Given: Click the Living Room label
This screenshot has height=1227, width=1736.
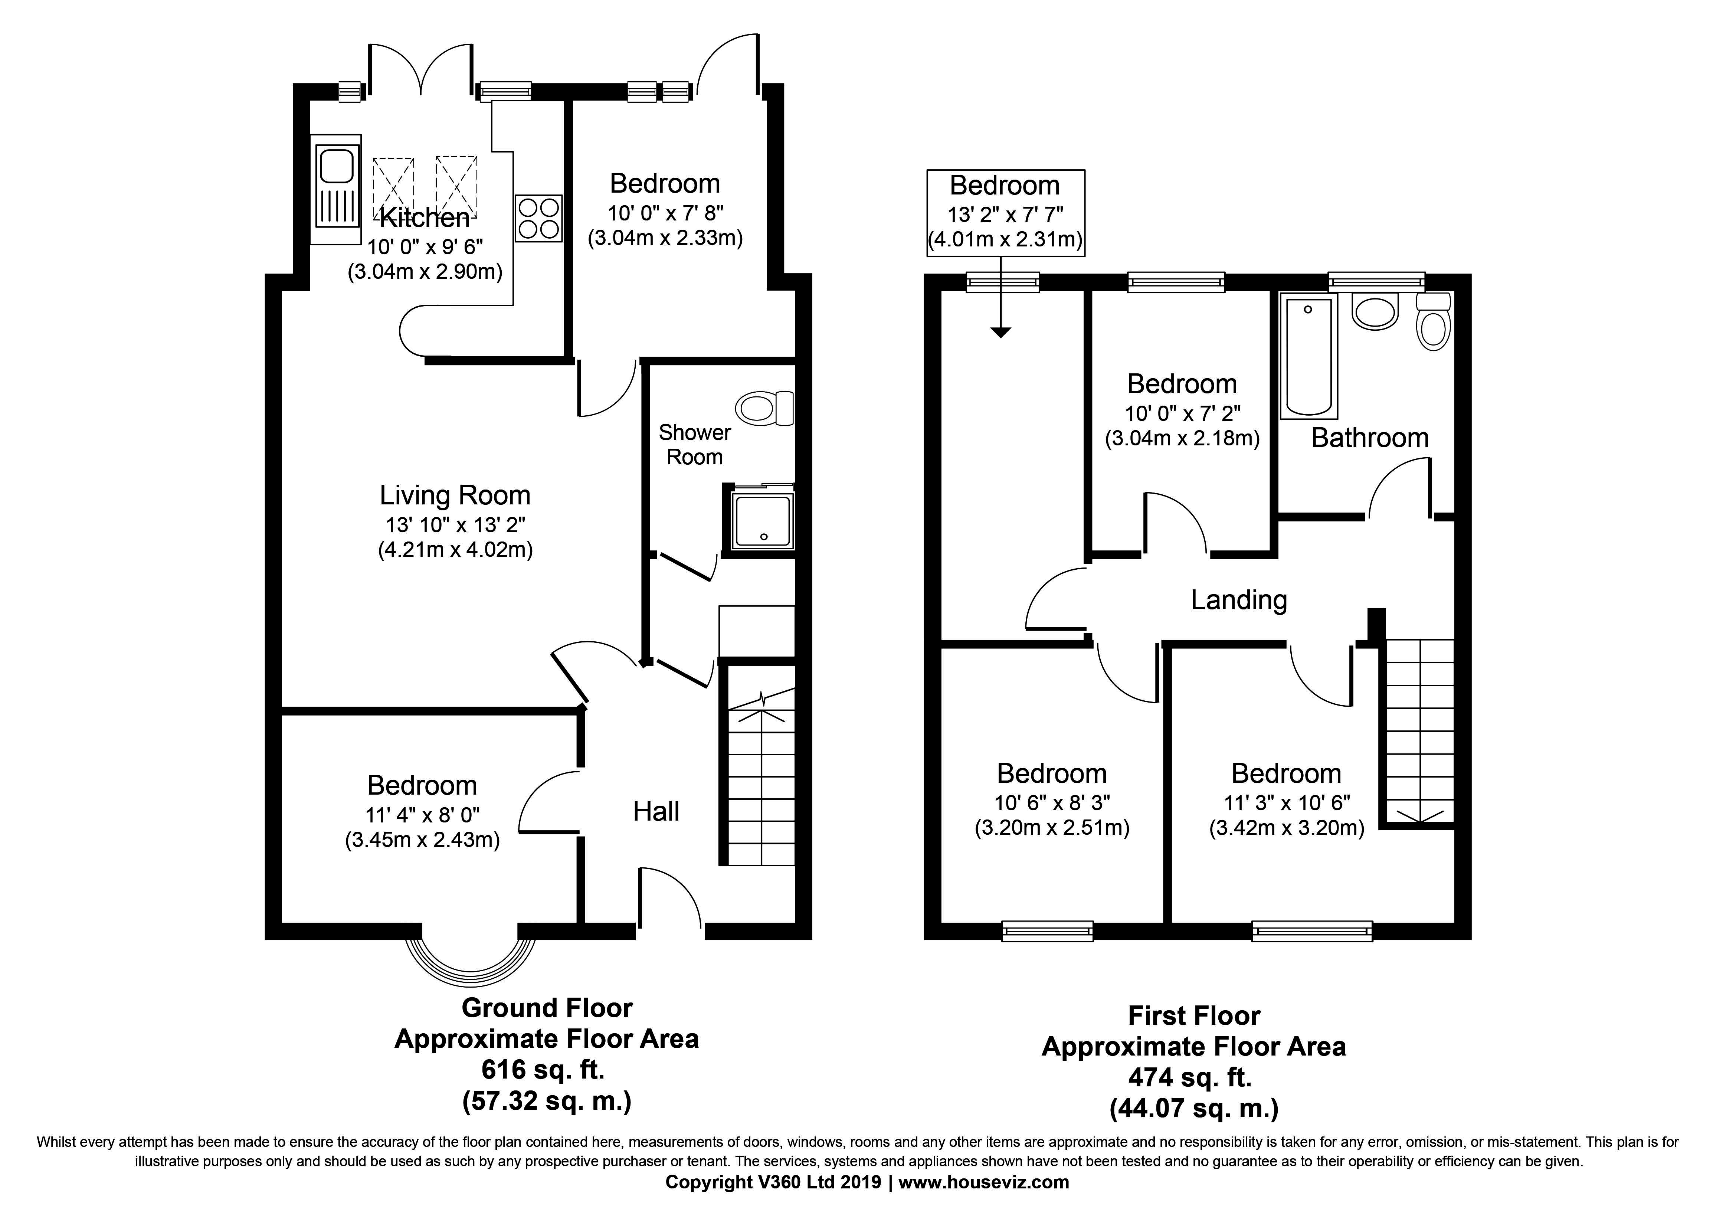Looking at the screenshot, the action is click(x=455, y=495).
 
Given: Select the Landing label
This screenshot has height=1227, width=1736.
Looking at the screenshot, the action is click(x=1238, y=599).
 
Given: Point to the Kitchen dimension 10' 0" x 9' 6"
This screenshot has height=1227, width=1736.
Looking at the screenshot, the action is click(x=425, y=246).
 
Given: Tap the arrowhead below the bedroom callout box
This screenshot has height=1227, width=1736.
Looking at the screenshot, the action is click(x=1000, y=333).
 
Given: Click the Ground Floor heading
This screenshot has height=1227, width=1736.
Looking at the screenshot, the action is click(x=547, y=1008).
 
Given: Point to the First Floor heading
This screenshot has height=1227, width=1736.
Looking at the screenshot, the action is click(x=1194, y=1015).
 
